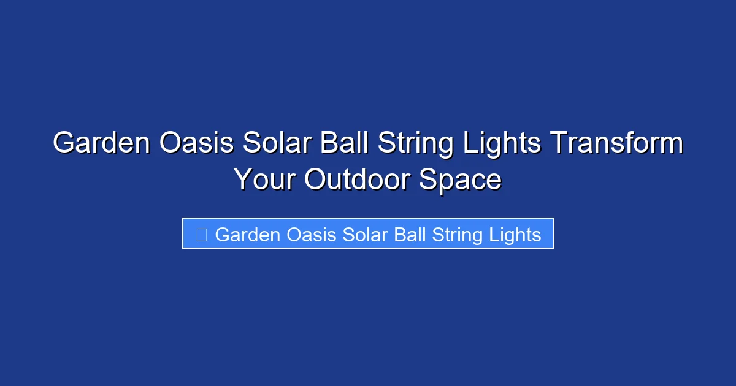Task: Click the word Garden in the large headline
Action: (102, 144)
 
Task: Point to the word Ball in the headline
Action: (343, 144)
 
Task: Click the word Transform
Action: (616, 144)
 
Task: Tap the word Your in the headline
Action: (265, 180)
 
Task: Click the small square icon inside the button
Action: (201, 234)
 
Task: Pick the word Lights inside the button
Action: (512, 235)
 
